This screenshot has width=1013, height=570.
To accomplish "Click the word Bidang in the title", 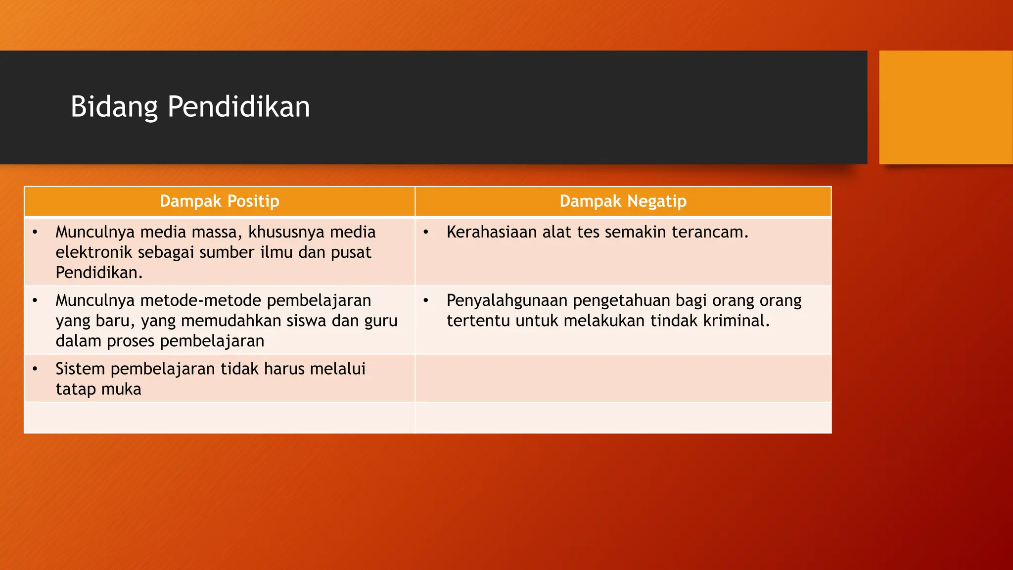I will coord(114,107).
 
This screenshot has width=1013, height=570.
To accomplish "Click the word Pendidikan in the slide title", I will coord(238,107).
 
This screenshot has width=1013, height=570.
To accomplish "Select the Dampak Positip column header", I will coord(219,201).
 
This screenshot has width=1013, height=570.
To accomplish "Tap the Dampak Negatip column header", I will coord(623,201).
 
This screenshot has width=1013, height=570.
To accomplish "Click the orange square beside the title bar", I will coord(945,107).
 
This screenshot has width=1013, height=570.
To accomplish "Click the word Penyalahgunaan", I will coord(507,300).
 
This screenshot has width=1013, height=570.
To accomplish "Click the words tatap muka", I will coord(98,389).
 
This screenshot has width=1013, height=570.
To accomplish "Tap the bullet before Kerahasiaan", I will coord(425,232).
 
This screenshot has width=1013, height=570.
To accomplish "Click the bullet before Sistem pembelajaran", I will coord(35,369).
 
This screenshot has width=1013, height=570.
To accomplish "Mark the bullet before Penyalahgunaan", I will coord(425,300).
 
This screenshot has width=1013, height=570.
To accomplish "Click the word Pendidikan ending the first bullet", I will coord(98,273).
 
